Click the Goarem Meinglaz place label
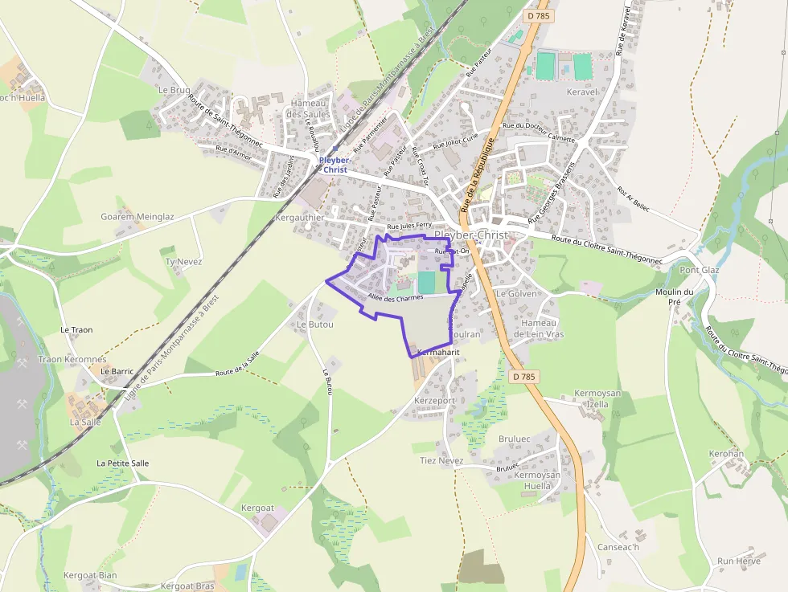[137, 217]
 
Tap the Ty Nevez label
[183, 262]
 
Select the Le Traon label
[76, 330]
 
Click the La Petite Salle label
[122, 463]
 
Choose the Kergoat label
[257, 508]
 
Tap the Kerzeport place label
[434, 400]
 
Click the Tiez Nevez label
[441, 461]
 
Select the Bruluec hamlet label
[515, 439]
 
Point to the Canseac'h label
[618, 548]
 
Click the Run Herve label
[738, 561]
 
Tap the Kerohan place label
[726, 454]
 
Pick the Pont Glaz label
[700, 270]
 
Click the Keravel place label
[583, 92]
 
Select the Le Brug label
[174, 90]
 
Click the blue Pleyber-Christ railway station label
[334, 165]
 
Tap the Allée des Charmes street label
[395, 298]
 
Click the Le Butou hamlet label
[314, 325]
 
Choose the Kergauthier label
[299, 218]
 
